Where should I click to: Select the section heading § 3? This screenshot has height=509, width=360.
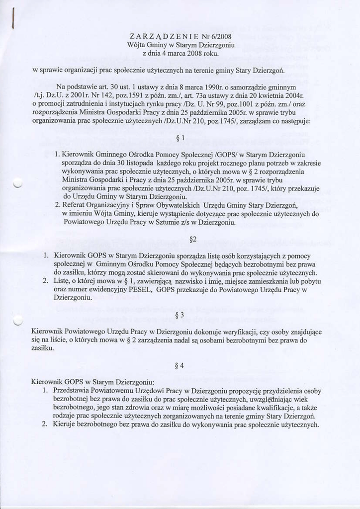tap(180, 315)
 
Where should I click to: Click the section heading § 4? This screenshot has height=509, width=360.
tap(180, 366)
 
